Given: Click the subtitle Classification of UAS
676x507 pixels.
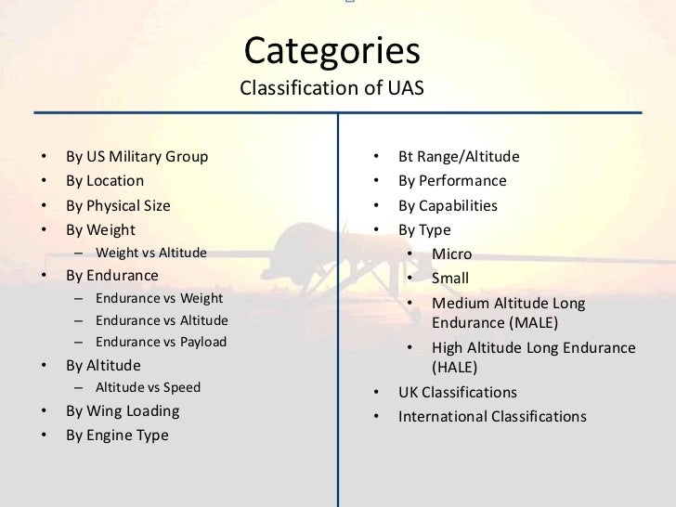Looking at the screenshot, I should tap(331, 89).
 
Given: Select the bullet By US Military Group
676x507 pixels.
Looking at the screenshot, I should tap(136, 156).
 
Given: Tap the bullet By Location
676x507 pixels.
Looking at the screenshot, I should tap(105, 181).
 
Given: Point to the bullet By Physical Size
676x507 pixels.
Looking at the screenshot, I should tap(118, 205).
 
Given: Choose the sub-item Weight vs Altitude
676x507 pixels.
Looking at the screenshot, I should tap(151, 253).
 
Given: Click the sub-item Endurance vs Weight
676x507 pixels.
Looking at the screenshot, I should tap(159, 298).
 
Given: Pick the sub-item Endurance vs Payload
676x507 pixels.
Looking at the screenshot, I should tap(161, 342).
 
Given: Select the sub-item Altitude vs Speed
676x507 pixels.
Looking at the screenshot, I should tap(148, 387).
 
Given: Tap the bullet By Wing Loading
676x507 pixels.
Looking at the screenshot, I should tap(123, 410).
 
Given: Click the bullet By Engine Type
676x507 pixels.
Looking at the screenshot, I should tap(117, 435).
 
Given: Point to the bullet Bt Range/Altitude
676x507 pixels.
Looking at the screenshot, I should tap(459, 156).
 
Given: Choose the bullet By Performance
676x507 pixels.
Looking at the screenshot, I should tap(452, 181).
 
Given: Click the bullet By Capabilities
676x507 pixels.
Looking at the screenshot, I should tap(448, 205).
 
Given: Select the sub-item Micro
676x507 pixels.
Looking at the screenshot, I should tap(451, 253).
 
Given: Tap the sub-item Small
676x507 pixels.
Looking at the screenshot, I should tap(450, 278).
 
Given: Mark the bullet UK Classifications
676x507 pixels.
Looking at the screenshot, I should tap(458, 392).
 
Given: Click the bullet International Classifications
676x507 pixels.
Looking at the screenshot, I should tap(492, 416).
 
